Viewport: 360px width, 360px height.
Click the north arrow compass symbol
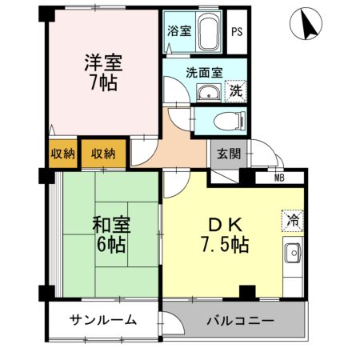click(x=309, y=25)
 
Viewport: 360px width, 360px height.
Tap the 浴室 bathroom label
click(x=178, y=32)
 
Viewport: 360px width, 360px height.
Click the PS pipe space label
click(x=237, y=33)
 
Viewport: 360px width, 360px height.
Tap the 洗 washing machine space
click(x=236, y=90)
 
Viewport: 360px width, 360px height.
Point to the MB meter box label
click(x=280, y=178)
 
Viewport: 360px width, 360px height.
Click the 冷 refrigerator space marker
click(x=292, y=218)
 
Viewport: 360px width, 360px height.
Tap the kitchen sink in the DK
click(x=293, y=254)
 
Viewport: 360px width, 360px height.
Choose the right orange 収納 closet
click(x=102, y=153)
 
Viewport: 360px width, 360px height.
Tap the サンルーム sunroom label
click(x=102, y=320)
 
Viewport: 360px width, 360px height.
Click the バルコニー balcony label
click(x=240, y=320)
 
